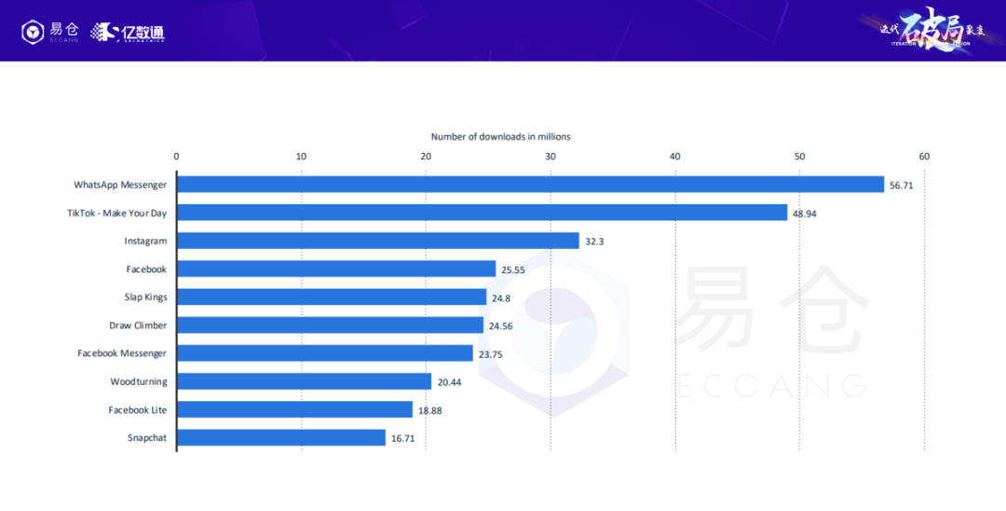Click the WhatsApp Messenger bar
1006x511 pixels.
point(530,185)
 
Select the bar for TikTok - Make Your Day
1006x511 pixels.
point(482,213)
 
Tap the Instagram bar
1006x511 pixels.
point(377,241)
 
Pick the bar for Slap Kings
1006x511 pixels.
point(332,297)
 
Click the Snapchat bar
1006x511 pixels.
point(281,437)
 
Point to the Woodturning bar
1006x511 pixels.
point(304,381)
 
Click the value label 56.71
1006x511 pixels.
point(902,186)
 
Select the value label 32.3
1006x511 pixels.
point(594,242)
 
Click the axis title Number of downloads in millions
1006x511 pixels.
point(500,137)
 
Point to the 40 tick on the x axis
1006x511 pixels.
point(675,156)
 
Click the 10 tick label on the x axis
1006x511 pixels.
point(301,156)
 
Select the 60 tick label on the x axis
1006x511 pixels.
point(924,156)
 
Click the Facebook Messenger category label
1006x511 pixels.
point(122,353)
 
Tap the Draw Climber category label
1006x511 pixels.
point(138,325)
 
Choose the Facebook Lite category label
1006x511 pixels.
point(137,409)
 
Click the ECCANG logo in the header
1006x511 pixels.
point(50,32)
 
